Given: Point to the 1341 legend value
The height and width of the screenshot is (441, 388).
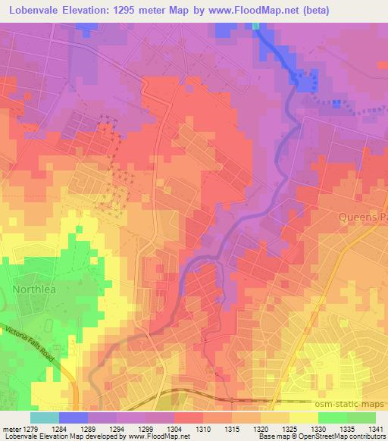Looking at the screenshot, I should pyautogui.click(x=376, y=429).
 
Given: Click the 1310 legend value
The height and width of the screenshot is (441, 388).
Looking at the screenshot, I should pyautogui.click(x=203, y=429).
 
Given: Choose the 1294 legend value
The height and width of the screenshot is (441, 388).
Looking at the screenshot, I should pyautogui.click(x=117, y=429).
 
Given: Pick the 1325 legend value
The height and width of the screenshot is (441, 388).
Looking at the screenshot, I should pyautogui.click(x=289, y=429).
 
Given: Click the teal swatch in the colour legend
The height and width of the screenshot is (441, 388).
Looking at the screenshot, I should pyautogui.click(x=45, y=418).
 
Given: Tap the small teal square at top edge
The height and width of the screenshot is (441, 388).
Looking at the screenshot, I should pyautogui.click(x=255, y=26).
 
